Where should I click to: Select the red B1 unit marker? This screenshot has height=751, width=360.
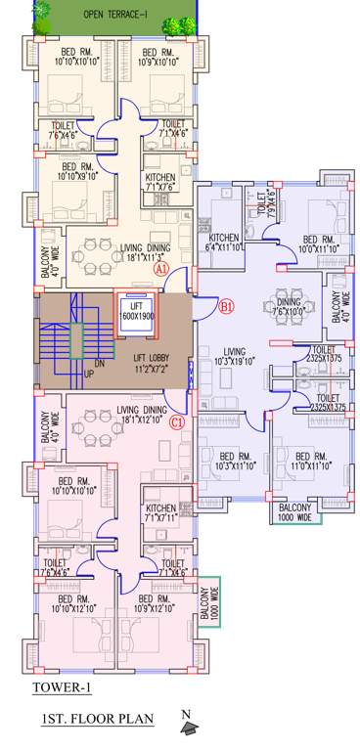(227, 307)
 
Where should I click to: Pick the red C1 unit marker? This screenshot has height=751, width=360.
(177, 422)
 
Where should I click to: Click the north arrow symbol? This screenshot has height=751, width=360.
(188, 725)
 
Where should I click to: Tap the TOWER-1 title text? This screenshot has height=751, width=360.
(62, 687)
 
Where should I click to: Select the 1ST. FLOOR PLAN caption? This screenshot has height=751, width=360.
(97, 721)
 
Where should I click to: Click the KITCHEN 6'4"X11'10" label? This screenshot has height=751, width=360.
(225, 243)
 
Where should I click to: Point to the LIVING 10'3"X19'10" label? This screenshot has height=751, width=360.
(234, 357)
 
